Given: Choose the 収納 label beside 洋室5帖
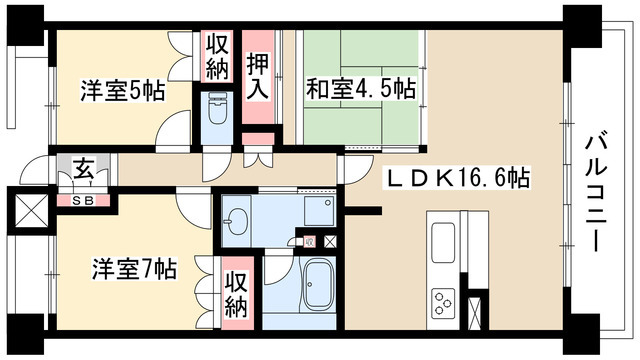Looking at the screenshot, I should tap(217, 57).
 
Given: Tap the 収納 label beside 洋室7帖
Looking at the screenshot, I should tap(235, 294).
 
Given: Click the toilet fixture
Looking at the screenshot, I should tap(216, 110).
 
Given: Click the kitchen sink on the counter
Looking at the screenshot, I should tap(441, 240).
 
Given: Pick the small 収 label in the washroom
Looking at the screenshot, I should tap(309, 241).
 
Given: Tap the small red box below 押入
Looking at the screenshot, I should tap(257, 141).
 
